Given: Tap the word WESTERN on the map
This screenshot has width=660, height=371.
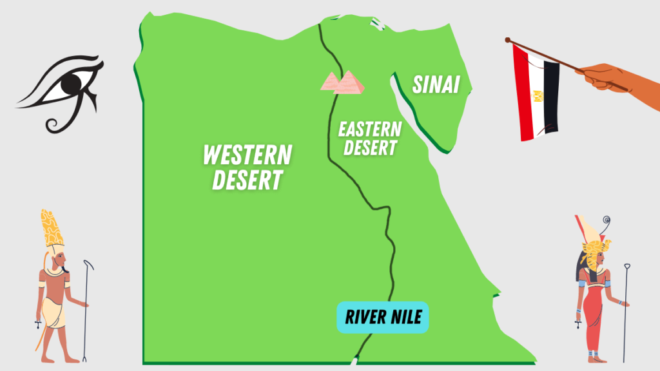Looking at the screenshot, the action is pyautogui.click(x=247, y=155).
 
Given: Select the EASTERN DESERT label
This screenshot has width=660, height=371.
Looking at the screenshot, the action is pyautogui.click(x=369, y=138).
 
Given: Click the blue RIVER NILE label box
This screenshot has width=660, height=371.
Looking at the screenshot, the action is pyautogui.click(x=382, y=317).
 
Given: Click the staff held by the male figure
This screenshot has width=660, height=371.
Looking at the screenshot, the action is pyautogui.click(x=86, y=309).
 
